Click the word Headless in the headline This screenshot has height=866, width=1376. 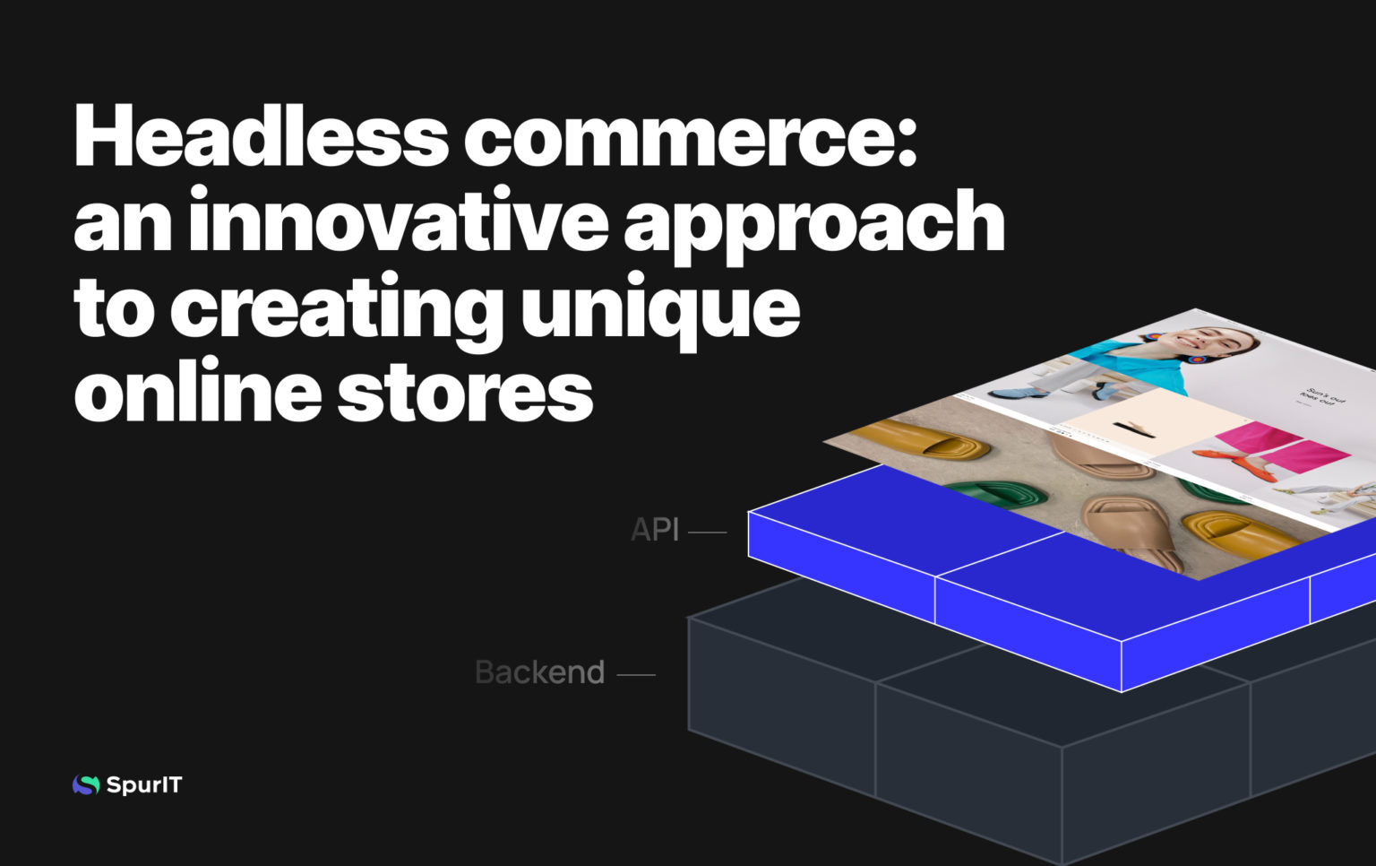(x=260, y=136)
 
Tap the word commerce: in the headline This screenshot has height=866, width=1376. (x=690, y=136)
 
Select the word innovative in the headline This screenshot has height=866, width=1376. (x=399, y=221)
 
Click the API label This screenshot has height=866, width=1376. (x=655, y=530)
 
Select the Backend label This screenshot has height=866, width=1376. (x=539, y=672)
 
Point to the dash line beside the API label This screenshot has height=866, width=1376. (x=707, y=533)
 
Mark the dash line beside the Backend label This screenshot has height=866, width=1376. (x=636, y=675)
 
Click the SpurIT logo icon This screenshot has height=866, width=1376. (x=86, y=785)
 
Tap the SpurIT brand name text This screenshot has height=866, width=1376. (x=144, y=785)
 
